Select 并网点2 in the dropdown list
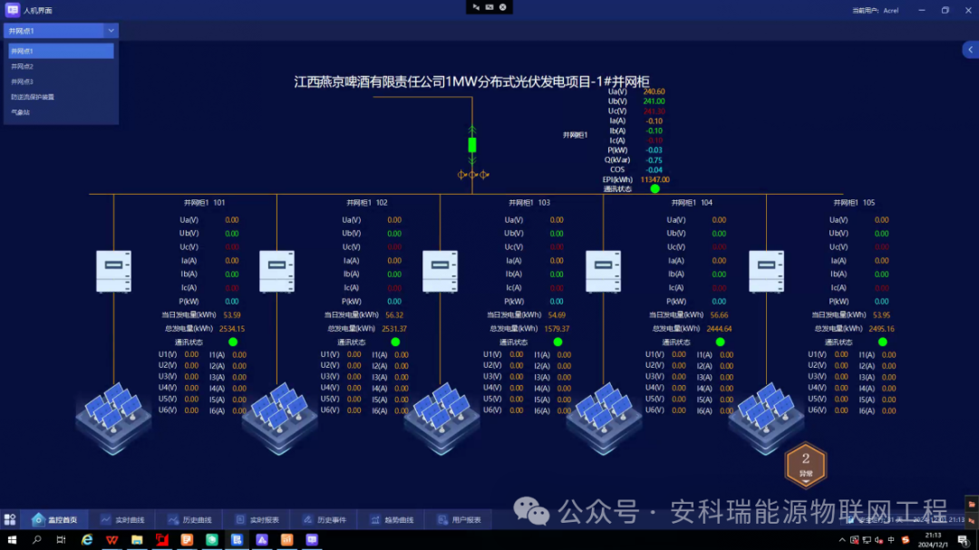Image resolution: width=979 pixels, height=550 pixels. click(x=23, y=66)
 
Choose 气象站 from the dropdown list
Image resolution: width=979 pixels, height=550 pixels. click(x=20, y=112)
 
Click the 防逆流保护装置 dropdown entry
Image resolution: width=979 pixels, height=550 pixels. click(x=33, y=97)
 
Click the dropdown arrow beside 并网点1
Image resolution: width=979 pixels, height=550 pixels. click(x=111, y=31)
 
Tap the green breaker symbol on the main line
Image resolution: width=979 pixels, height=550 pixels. click(x=471, y=145)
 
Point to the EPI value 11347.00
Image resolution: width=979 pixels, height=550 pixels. click(x=654, y=179)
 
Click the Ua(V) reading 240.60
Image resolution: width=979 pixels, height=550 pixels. click(x=654, y=92)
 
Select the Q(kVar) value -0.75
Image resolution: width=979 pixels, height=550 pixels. click(x=654, y=159)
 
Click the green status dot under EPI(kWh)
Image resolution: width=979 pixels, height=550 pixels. click(x=654, y=189)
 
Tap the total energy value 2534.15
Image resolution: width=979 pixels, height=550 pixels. click(x=232, y=329)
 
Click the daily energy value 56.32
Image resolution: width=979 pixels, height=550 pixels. click(x=394, y=315)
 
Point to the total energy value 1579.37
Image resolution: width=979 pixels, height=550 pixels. click(x=556, y=329)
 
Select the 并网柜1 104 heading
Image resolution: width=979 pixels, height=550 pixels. click(x=694, y=203)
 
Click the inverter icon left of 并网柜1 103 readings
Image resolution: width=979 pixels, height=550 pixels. click(x=440, y=271)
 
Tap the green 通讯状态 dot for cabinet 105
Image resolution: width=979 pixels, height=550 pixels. click(x=882, y=343)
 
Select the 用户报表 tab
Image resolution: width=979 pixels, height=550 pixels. click(x=459, y=520)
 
